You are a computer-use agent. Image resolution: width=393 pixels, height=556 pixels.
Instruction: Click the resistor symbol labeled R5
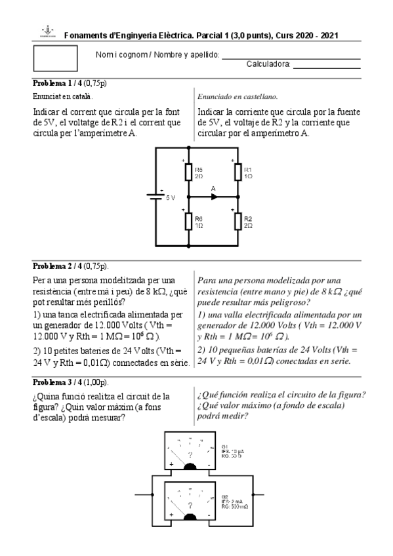coord(188,172)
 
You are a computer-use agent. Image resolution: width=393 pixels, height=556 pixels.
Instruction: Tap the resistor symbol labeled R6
coord(188,222)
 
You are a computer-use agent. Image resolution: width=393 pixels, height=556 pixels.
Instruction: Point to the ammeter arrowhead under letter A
coord(214,196)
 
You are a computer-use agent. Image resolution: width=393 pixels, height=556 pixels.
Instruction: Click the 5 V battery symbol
coord(156,196)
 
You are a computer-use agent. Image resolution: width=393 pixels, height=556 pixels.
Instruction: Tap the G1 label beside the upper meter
coord(225,445)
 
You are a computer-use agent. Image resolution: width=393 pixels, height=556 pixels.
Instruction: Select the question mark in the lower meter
coord(190,505)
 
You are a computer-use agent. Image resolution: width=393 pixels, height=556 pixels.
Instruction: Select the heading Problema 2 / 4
coord(57,266)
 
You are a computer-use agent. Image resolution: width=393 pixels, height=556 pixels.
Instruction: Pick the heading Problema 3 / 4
coord(57,382)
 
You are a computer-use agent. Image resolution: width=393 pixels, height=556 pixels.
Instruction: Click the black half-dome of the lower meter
coord(190,518)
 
